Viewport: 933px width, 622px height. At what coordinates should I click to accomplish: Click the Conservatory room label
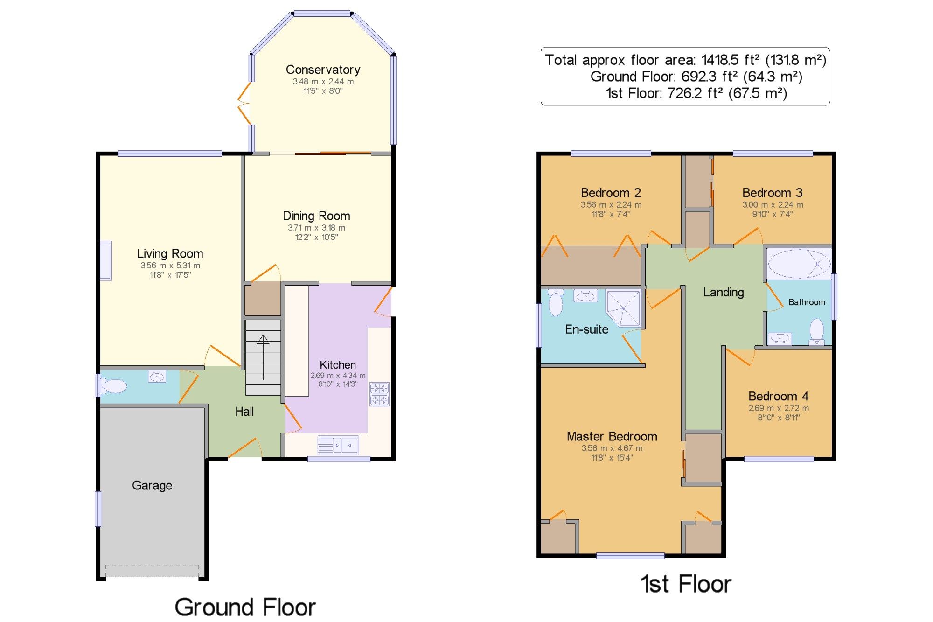click(x=323, y=70)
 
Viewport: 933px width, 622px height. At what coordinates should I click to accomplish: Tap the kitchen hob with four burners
click(x=379, y=394)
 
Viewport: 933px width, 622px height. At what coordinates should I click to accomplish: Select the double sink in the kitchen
click(x=338, y=445)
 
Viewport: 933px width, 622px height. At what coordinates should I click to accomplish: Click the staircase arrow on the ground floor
click(x=263, y=357)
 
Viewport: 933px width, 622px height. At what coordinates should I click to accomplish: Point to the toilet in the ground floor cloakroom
click(x=114, y=386)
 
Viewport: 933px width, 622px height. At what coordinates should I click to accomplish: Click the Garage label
click(x=152, y=486)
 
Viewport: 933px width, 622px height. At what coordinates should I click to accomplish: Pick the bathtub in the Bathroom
click(x=799, y=264)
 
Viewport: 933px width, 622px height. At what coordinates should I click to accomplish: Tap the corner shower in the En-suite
click(x=624, y=308)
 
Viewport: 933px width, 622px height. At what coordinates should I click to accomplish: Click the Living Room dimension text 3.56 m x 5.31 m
click(x=170, y=266)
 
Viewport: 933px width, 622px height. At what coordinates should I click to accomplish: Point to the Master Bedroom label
click(x=612, y=437)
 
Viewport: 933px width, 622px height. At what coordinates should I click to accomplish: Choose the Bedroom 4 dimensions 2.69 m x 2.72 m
click(x=779, y=408)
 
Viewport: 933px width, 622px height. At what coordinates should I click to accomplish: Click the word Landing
click(x=724, y=293)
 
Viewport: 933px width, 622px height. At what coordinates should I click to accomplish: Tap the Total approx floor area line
click(x=685, y=60)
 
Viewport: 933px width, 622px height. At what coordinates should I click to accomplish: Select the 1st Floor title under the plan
click(x=685, y=584)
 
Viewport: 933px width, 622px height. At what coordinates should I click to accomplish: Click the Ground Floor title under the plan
click(x=245, y=607)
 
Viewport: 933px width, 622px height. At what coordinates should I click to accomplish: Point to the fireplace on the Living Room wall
click(x=106, y=260)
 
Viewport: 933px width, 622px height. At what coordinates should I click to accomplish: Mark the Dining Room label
click(x=316, y=216)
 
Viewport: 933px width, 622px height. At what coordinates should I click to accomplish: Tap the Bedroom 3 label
click(x=773, y=193)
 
